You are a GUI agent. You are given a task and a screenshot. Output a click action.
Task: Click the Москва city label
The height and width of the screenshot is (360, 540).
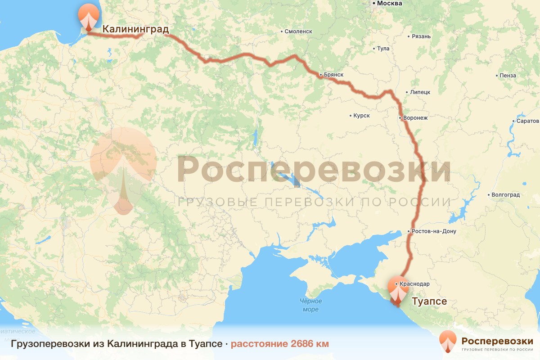pos(389,4)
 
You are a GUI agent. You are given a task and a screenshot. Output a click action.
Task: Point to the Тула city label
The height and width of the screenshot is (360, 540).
pos(383,48)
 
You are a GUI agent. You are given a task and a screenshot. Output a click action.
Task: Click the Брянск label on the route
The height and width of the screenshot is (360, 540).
pos(334,74)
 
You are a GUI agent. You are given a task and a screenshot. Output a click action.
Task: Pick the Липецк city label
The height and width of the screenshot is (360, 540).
pos(420,92)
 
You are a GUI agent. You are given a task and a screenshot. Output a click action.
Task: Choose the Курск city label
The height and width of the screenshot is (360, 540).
pos(361,116)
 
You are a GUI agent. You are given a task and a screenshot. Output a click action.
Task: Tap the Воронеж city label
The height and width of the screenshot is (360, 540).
pos(415,118)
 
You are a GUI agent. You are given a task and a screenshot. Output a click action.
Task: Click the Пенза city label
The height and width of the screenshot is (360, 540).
pos(508,76)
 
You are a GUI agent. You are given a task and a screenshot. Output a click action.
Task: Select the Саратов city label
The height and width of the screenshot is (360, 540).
pos(527,121)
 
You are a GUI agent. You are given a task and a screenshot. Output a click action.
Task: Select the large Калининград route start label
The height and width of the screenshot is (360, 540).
pos(135,30)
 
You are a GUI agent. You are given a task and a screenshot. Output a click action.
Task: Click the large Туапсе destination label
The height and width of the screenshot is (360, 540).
pos(429,301)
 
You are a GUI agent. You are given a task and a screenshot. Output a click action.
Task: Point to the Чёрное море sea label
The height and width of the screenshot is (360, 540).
pos(310,305)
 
